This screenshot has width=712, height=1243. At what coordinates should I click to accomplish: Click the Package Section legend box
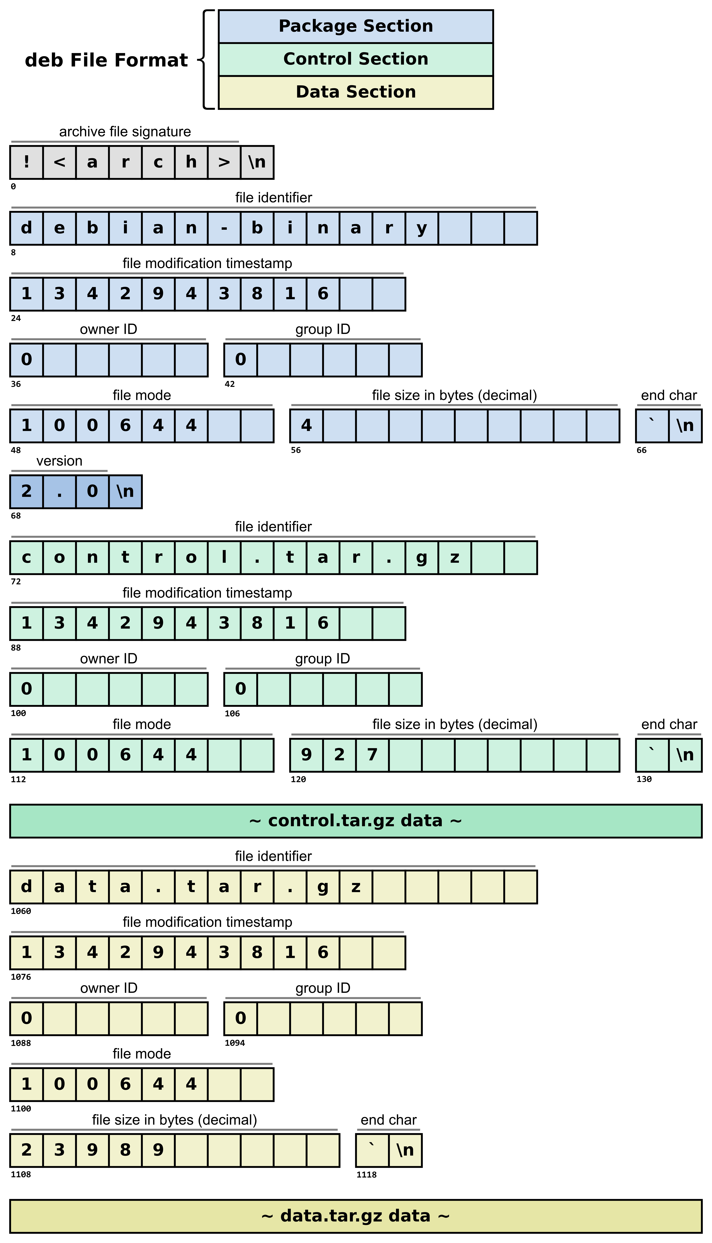pyautogui.click(x=356, y=26)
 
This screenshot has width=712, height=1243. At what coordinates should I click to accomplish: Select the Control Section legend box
pyautogui.click(x=356, y=59)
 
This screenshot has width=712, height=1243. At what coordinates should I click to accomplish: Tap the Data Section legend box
pyautogui.click(x=356, y=92)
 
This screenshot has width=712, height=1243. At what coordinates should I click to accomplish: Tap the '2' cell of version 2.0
pyautogui.click(x=26, y=491)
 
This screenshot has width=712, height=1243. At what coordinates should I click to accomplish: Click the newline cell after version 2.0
pyautogui.click(x=125, y=491)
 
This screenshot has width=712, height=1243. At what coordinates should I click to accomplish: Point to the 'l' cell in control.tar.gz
pyautogui.click(x=224, y=557)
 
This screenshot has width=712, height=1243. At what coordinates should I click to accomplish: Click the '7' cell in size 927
pyautogui.click(x=372, y=755)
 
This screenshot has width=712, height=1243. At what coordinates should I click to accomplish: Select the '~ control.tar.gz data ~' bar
pyautogui.click(x=356, y=821)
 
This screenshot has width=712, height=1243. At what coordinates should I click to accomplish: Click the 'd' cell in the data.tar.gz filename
pyautogui.click(x=26, y=887)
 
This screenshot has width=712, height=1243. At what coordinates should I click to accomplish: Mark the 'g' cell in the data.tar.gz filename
pyautogui.click(x=323, y=887)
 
